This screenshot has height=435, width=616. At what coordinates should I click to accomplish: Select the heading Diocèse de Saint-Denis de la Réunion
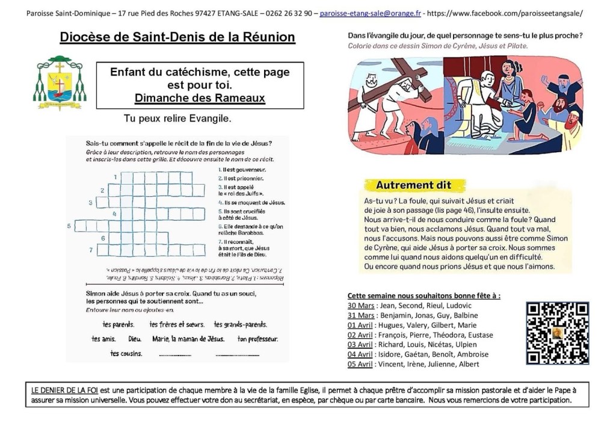click(x=177, y=38)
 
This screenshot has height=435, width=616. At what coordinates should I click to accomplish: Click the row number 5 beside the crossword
click(x=69, y=226)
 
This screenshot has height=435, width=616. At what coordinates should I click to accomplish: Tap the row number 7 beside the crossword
click(x=91, y=250)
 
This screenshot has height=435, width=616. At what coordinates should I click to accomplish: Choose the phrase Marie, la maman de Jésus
click(x=188, y=339)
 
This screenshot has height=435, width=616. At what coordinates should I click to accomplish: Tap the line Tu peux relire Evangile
click(x=177, y=119)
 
